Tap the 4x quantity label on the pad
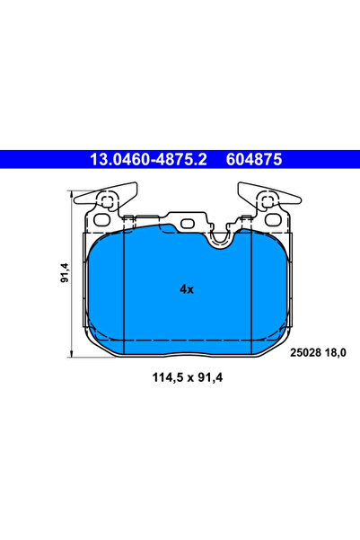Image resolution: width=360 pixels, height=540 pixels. (x=187, y=289)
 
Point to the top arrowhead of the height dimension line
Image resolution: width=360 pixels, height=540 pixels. (x=73, y=191)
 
